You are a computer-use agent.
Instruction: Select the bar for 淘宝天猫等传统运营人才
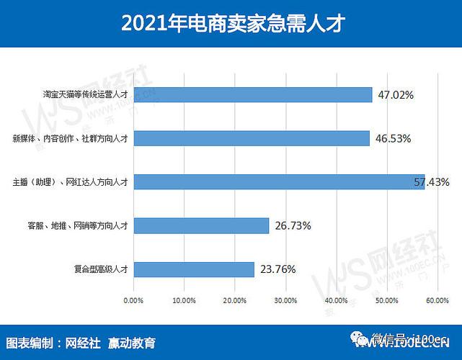point(252,94)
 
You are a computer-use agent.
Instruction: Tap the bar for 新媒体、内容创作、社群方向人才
point(252,138)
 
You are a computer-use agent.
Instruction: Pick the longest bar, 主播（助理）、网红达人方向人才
point(279,181)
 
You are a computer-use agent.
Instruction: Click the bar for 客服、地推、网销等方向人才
point(201,225)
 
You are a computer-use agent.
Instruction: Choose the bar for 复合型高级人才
point(193,269)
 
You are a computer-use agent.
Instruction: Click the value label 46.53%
point(394,138)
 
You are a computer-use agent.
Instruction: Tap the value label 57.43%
point(432,181)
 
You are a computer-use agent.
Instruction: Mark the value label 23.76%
point(277,270)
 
